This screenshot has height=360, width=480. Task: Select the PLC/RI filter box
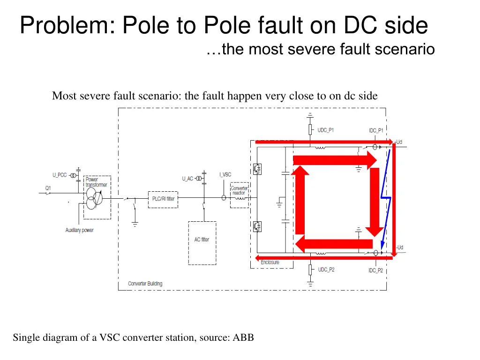tap(163, 199)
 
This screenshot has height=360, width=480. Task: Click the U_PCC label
tap(60, 175)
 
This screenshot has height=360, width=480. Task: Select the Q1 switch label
tap(48, 187)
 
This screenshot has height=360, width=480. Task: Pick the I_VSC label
tap(225, 175)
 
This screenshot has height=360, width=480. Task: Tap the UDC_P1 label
tap(326, 130)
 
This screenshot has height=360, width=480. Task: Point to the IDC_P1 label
tap(376, 130)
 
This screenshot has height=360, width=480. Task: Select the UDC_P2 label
tap(326, 270)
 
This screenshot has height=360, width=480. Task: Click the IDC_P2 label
tap(376, 270)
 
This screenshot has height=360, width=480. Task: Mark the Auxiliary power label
tap(79, 230)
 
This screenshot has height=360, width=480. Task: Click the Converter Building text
tap(145, 284)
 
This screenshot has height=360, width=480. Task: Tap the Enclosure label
tap(270, 262)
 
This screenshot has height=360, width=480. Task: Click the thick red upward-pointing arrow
tap(300, 202)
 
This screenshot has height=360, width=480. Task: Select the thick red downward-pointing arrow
tap(375, 202)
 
